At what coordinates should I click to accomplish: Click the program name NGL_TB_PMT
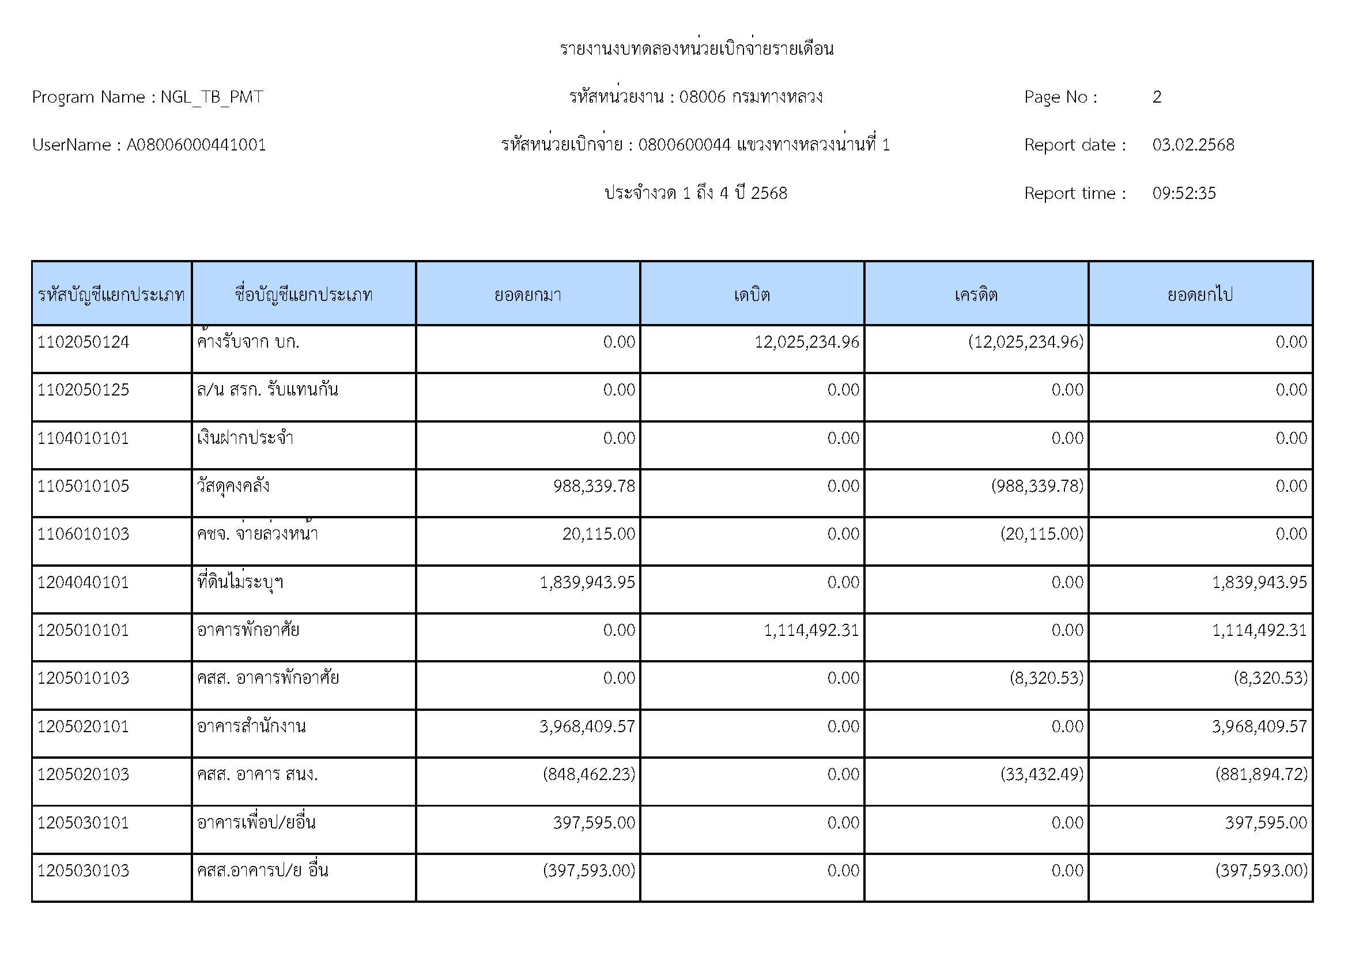(212, 97)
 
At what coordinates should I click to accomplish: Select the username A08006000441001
(196, 145)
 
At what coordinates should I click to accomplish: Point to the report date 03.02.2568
(1193, 145)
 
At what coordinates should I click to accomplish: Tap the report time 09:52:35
(1184, 193)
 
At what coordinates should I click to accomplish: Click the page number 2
(1157, 97)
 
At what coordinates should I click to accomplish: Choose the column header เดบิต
(752, 294)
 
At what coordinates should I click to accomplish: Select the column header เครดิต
(976, 294)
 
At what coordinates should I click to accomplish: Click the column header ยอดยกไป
(1200, 294)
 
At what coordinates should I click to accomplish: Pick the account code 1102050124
(83, 342)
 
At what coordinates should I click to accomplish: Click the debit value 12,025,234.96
(807, 342)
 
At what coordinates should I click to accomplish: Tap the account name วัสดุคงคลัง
(233, 486)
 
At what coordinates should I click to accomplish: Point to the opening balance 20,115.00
(598, 534)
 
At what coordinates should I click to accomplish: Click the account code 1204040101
(83, 582)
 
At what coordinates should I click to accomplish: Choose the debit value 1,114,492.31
(811, 631)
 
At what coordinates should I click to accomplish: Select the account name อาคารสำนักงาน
(251, 727)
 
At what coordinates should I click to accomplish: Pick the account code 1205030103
(83, 871)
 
